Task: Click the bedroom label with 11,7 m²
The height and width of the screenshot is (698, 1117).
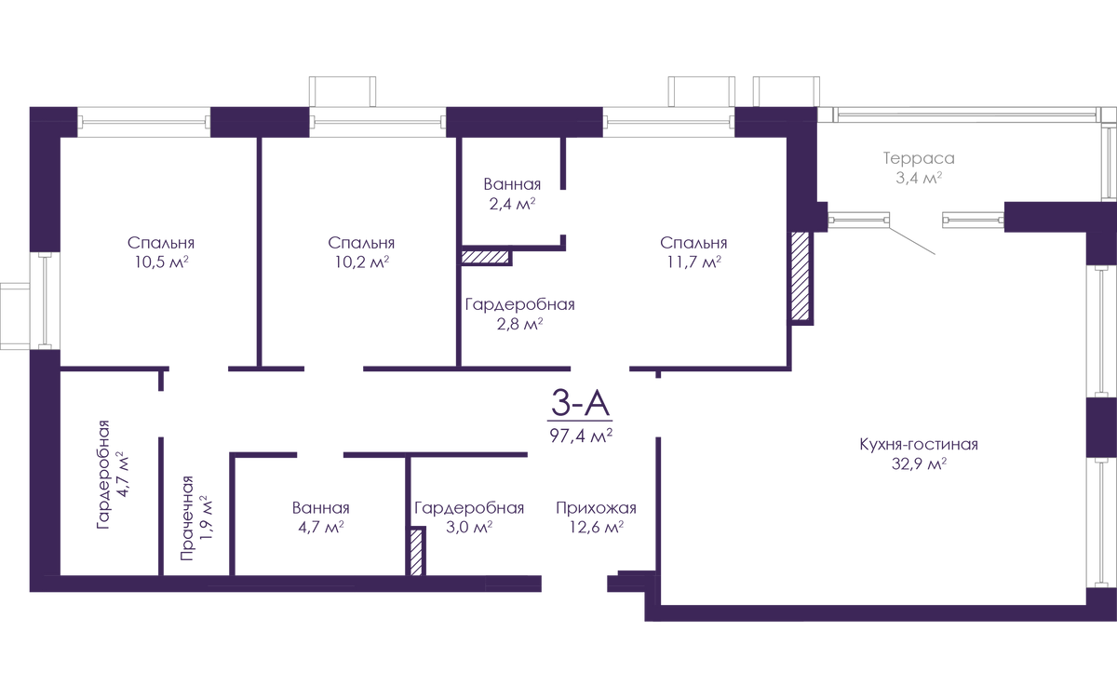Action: tap(693, 252)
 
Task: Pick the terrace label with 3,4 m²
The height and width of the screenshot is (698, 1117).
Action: tap(918, 168)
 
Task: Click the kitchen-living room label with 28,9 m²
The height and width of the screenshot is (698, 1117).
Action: tap(918, 453)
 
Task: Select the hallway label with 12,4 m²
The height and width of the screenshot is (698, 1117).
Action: tap(596, 517)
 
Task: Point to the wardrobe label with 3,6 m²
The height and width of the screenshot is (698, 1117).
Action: tap(469, 517)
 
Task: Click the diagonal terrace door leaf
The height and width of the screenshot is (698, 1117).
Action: tap(912, 234)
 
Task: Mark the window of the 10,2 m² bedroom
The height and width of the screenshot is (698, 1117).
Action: tap(377, 122)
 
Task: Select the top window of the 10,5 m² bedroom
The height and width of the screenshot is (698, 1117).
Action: tap(144, 122)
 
